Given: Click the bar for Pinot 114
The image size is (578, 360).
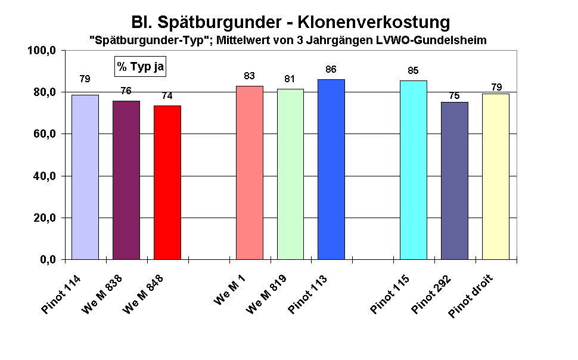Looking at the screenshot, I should [85, 177].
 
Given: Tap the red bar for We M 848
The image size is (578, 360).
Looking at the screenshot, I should [167, 182].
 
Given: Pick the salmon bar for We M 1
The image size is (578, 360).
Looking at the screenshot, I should [250, 173].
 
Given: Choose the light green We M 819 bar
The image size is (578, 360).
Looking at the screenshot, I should [290, 174].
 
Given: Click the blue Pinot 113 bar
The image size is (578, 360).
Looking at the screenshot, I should [331, 169].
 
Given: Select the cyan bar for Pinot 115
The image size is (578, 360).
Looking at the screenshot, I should [413, 170].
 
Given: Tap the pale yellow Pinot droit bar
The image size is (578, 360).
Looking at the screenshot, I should [495, 176].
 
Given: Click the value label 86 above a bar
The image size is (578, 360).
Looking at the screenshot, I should [331, 70].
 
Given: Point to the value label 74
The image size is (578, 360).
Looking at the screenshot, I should [167, 95].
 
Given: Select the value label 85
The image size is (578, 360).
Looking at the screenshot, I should [413, 71].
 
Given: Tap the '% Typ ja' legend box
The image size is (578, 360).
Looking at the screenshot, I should [140, 67].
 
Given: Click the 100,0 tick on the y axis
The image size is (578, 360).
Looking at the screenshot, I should [42, 51].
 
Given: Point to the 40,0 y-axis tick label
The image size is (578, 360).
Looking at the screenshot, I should [44, 176].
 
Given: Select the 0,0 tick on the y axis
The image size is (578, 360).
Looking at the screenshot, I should [46, 260].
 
